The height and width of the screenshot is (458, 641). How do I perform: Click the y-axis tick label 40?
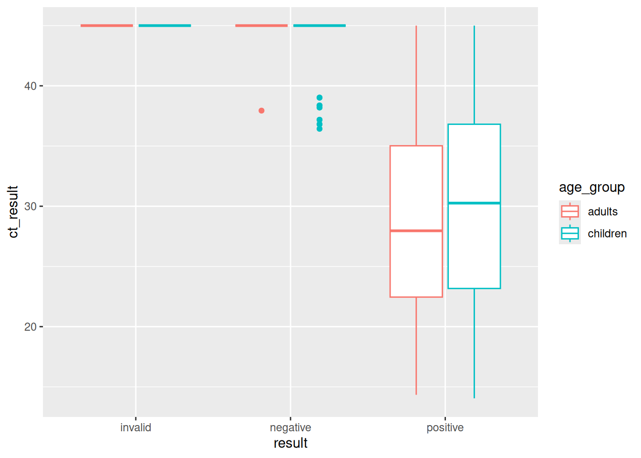click(30, 86)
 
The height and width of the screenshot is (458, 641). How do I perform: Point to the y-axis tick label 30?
click(30, 207)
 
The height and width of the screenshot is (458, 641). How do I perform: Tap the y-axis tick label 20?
click(30, 327)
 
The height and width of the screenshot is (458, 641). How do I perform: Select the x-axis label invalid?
click(135, 427)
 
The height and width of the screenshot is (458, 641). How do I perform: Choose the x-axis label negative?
click(290, 427)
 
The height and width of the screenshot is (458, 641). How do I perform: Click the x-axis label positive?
click(445, 427)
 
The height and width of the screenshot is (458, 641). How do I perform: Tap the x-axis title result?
click(290, 443)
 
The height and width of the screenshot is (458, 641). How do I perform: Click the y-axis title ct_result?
click(13, 212)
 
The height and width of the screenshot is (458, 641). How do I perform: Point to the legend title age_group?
click(591, 187)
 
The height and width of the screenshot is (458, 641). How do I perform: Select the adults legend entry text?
click(602, 212)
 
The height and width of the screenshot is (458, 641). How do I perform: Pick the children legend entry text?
click(607, 234)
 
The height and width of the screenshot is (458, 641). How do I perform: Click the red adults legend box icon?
click(570, 211)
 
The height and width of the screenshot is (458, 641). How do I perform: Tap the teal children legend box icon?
click(570, 233)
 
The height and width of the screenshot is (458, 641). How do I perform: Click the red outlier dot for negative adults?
click(261, 111)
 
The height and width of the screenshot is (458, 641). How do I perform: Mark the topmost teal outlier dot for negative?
click(320, 98)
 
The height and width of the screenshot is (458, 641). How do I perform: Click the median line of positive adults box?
click(416, 231)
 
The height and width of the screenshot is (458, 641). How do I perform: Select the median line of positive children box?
click(474, 203)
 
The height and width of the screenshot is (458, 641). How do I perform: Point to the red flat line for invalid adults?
click(107, 26)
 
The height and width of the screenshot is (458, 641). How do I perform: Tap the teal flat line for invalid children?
click(165, 26)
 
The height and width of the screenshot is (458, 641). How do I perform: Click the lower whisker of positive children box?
click(474, 343)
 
